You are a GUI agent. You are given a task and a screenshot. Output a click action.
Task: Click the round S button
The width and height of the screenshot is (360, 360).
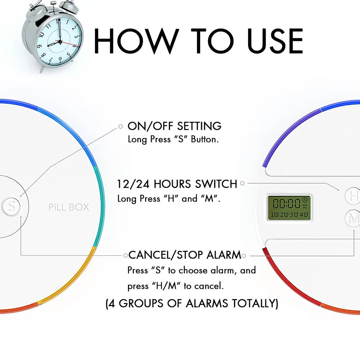click(11, 206)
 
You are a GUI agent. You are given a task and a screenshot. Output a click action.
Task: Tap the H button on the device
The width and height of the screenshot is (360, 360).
click(353, 196)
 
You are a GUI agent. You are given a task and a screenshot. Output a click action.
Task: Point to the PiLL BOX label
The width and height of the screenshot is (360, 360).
click(69, 207)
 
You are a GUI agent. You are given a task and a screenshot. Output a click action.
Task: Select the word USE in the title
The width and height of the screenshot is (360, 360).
click(275, 41)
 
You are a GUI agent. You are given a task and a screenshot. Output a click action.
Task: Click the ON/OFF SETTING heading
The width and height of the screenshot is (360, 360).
click(175, 126)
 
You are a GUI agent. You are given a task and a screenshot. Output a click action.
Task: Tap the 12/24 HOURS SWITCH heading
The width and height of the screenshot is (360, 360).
click(177, 184)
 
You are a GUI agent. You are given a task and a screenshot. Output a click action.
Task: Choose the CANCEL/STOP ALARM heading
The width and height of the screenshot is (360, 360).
click(185, 255)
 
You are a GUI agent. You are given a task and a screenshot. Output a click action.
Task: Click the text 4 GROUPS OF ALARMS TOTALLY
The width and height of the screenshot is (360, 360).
click(192, 303)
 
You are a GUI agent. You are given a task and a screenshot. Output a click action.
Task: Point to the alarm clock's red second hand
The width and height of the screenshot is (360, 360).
click(67, 43)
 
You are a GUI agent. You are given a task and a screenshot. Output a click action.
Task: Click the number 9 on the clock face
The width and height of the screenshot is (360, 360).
click(39, 46)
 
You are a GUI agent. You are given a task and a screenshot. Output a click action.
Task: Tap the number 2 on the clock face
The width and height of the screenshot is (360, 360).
click(73, 28)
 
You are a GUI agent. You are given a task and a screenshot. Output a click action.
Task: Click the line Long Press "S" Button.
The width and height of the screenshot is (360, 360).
click(174, 139)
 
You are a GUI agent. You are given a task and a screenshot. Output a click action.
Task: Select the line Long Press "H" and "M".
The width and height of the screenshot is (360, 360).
click(169, 198)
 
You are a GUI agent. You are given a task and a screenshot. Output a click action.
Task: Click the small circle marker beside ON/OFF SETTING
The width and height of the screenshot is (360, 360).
click(121, 126)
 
